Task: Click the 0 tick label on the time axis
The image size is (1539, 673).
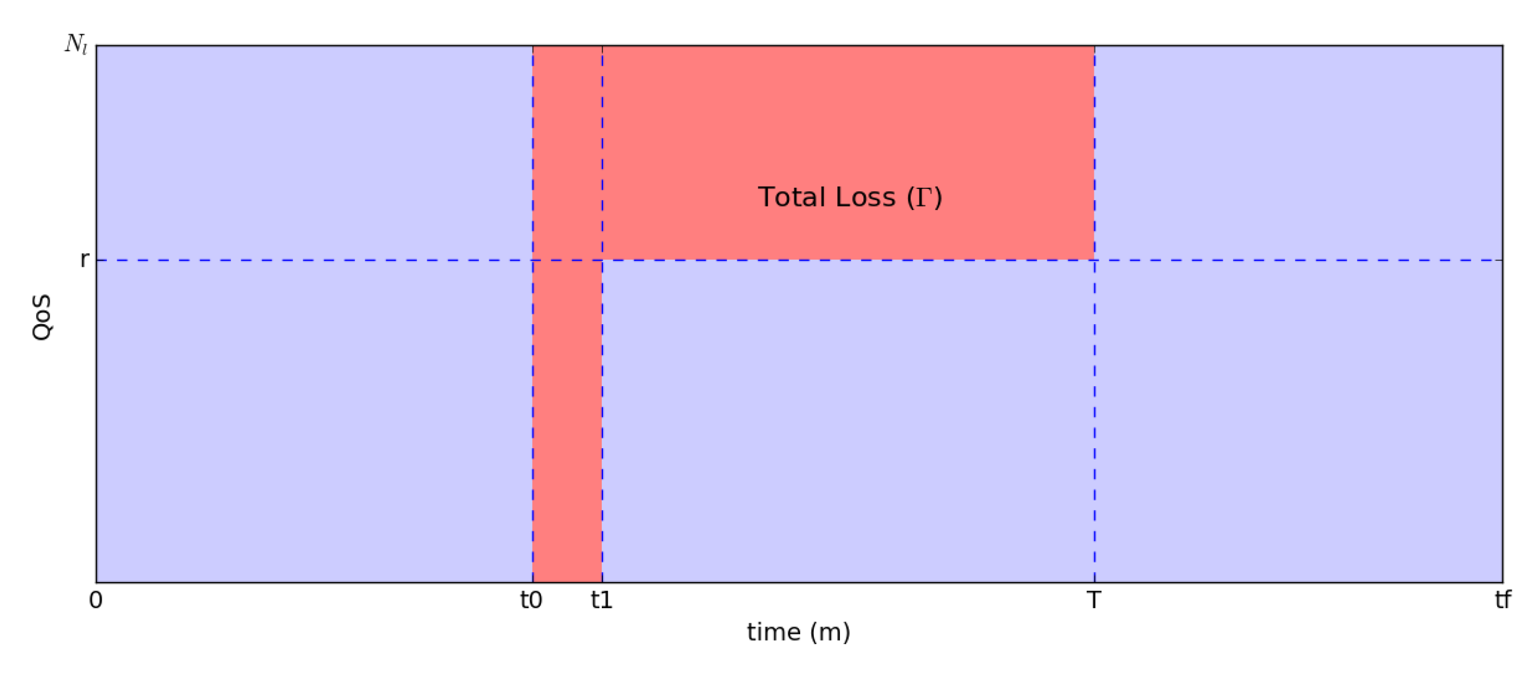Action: [96, 600]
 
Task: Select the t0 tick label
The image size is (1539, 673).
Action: [531, 600]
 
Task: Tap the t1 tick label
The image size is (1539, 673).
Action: [602, 600]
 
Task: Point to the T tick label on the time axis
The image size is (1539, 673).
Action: [1093, 600]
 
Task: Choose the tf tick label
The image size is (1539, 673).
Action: [1502, 600]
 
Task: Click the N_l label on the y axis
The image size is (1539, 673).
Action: [76, 44]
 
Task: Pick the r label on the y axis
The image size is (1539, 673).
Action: [85, 260]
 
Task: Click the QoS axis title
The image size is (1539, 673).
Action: [42, 317]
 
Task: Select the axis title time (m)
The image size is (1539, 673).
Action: [798, 632]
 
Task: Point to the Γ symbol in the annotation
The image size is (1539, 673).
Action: [924, 197]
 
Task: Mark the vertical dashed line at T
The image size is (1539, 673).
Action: [1094, 418]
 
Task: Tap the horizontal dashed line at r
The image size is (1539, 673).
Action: [299, 260]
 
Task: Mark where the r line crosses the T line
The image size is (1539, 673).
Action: [1094, 260]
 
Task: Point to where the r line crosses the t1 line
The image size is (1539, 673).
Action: [602, 260]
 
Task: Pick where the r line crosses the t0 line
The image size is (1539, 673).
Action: [533, 260]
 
